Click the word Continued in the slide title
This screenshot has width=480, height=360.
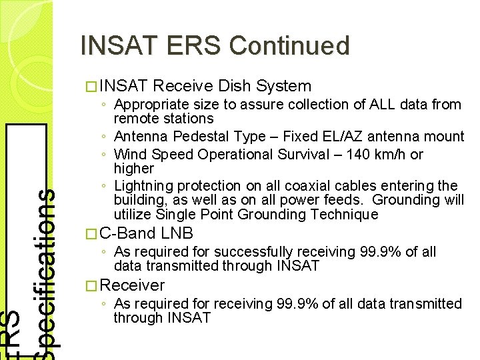pyautogui.click(x=289, y=46)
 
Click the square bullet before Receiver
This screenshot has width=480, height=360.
pyautogui.click(x=91, y=286)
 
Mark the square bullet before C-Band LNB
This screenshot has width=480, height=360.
pyautogui.click(x=91, y=234)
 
